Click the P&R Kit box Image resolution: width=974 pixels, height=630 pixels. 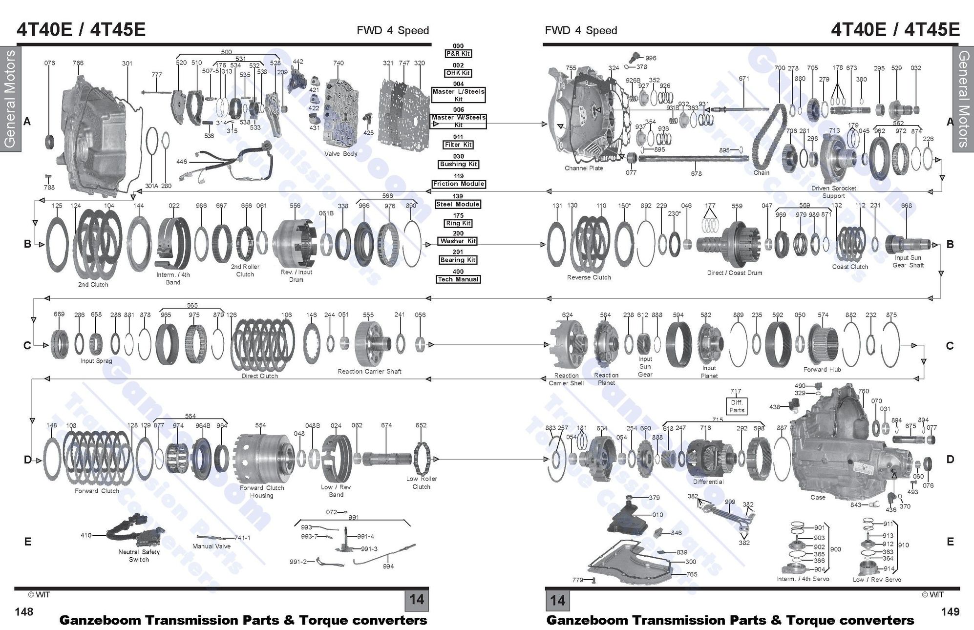458,54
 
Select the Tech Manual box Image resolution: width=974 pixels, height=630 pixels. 458,279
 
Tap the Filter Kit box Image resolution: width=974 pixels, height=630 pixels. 458,145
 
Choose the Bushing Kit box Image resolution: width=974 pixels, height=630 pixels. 458,164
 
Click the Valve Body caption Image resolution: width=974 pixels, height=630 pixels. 341,154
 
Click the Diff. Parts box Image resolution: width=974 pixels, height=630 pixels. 737,406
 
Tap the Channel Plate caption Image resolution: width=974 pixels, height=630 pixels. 584,168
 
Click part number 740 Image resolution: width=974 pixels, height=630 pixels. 338,63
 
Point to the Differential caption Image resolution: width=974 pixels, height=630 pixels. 708,482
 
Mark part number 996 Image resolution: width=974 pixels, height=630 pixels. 651,58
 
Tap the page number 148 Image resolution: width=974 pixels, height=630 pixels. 24,611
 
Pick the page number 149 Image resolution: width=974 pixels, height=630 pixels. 950,611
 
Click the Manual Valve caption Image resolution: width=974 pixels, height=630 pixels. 212,546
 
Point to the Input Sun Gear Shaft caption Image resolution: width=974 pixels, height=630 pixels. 908,261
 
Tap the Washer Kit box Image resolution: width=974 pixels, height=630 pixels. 458,241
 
